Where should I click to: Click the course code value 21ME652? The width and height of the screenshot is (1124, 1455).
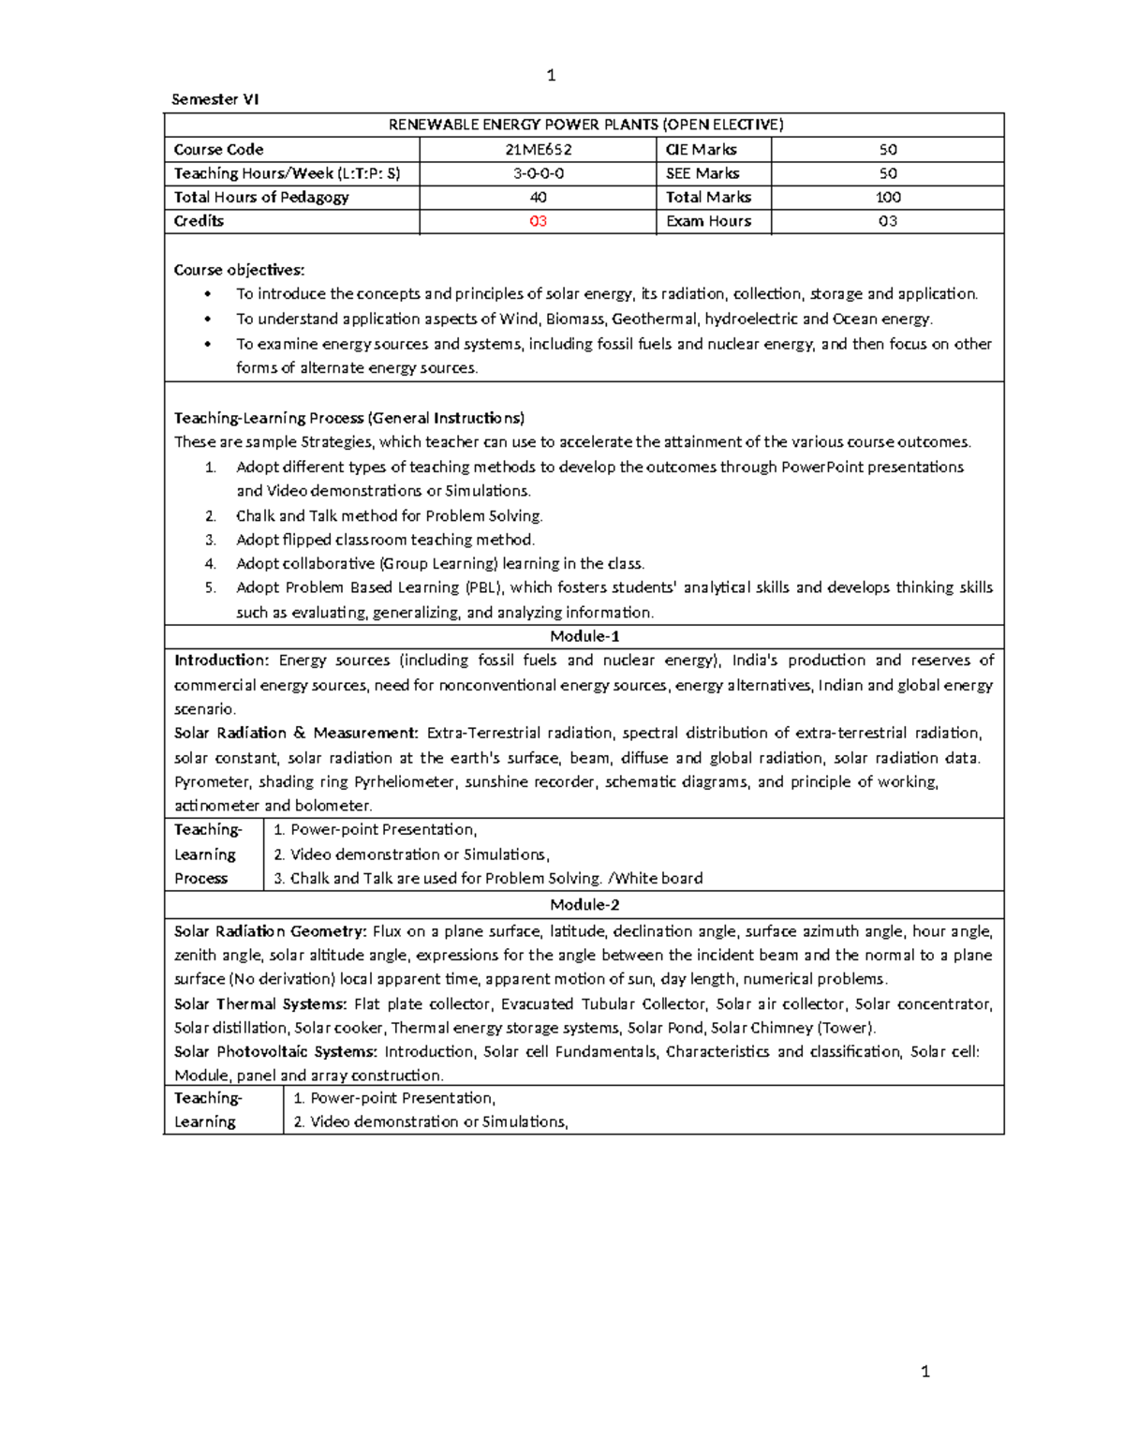click(x=538, y=149)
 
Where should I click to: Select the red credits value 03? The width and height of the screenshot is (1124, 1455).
click(x=538, y=221)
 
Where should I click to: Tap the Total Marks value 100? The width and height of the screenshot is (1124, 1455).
click(x=887, y=197)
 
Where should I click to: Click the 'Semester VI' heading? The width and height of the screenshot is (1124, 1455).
click(x=214, y=99)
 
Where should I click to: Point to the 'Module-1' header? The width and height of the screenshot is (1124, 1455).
click(x=584, y=636)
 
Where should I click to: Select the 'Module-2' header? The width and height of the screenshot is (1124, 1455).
click(x=584, y=904)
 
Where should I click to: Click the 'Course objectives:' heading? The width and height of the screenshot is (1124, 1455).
click(x=239, y=270)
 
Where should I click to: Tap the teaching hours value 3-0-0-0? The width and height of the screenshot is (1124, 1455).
click(x=538, y=173)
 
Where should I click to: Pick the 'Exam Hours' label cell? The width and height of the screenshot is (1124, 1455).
click(x=708, y=221)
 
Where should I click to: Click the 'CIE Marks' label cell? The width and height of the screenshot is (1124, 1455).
click(x=701, y=149)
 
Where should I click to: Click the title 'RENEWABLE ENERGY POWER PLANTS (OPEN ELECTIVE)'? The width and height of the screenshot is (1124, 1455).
click(x=584, y=125)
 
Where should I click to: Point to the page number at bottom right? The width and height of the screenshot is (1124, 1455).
click(x=925, y=1372)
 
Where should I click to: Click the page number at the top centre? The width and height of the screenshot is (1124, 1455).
click(x=551, y=76)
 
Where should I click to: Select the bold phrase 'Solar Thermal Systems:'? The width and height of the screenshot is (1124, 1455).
click(x=259, y=1003)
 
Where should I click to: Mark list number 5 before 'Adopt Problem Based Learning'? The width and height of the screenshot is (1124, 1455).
click(x=210, y=587)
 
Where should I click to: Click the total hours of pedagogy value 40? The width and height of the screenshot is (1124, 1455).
click(x=538, y=197)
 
